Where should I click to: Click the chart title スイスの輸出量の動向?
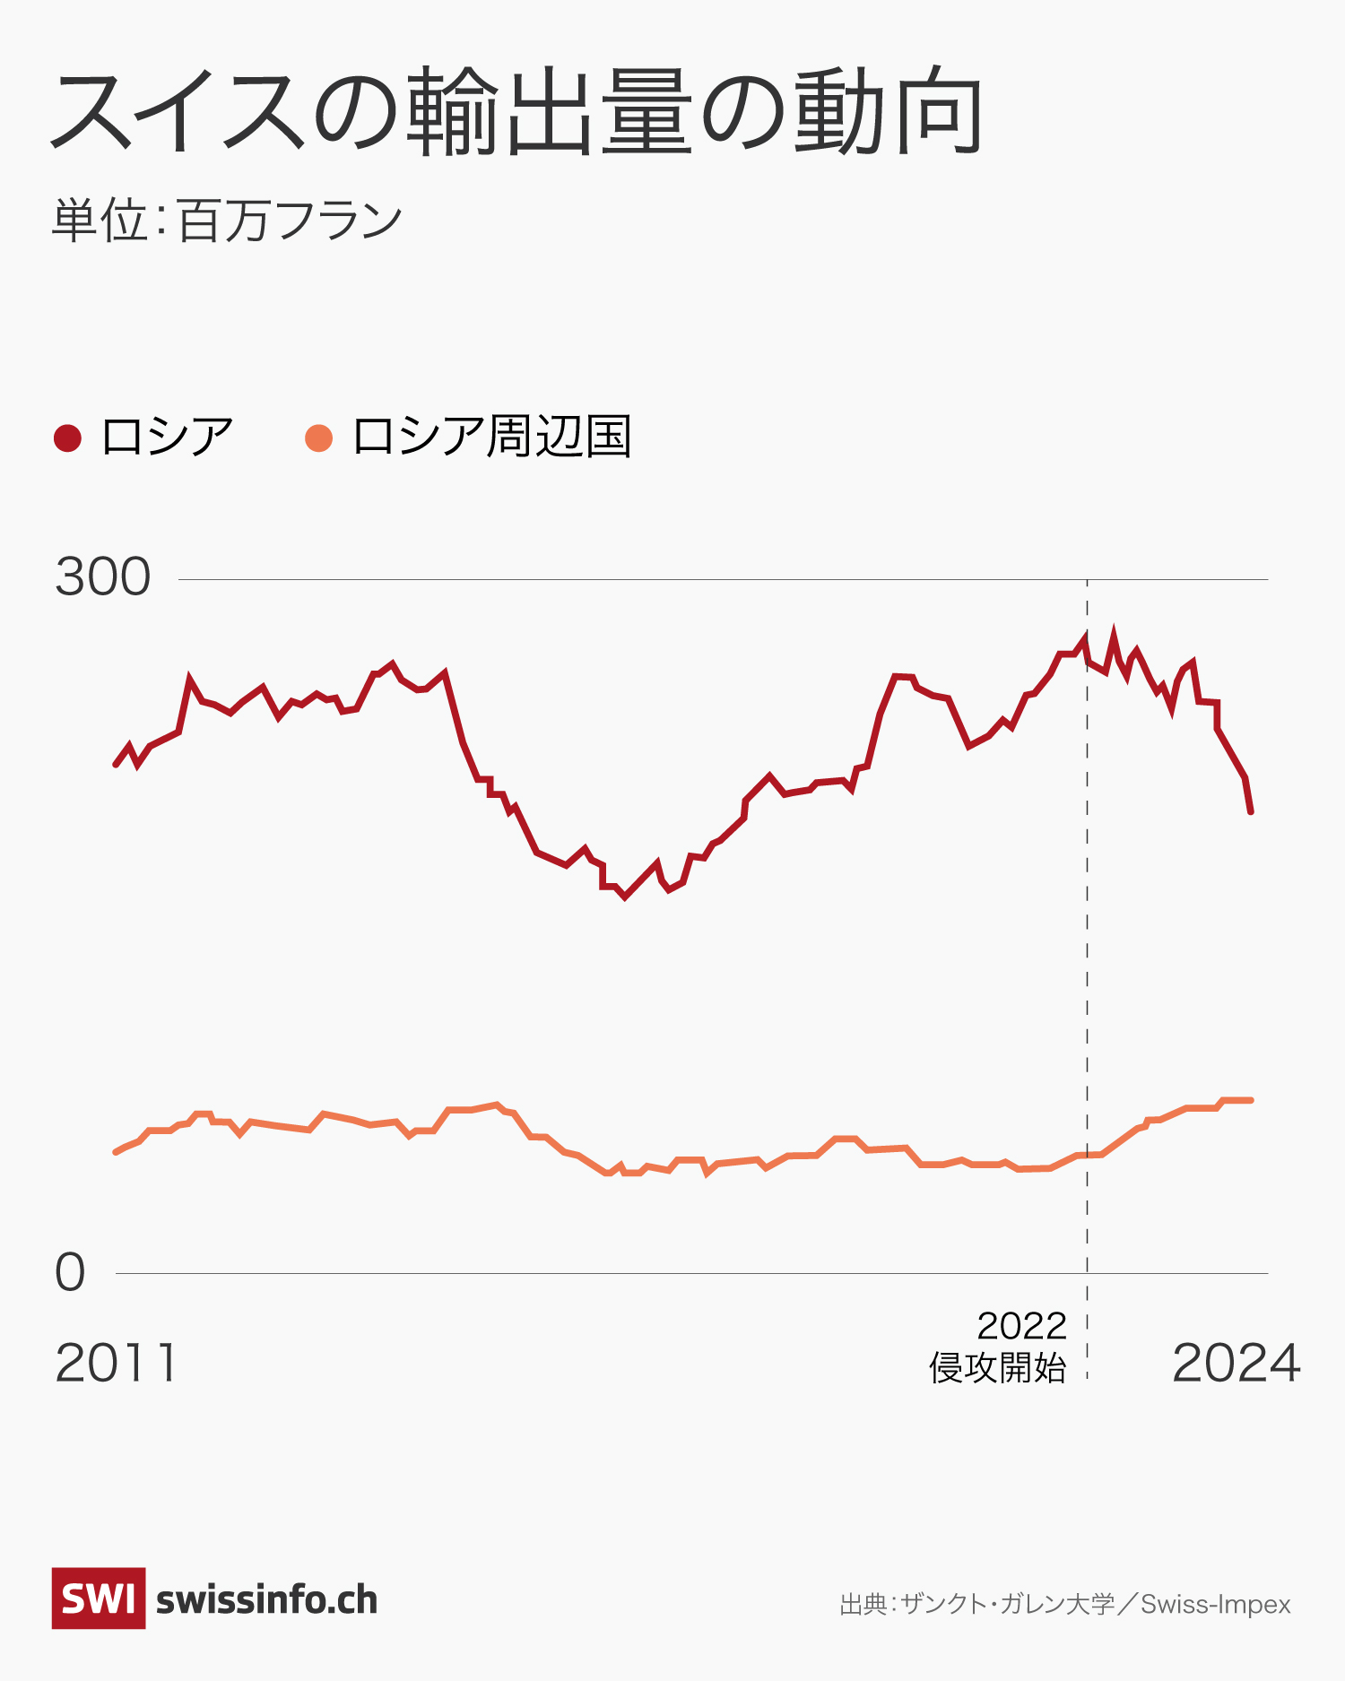[x=516, y=112]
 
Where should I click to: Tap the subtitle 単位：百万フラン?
[x=227, y=221]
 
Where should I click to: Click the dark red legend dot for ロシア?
[x=68, y=438]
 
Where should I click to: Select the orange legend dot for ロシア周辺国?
[x=319, y=438]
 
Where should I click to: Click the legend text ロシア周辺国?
[x=491, y=438]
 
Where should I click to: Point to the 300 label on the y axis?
[x=103, y=576]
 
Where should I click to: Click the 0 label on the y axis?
[x=70, y=1272]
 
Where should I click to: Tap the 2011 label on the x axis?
[x=117, y=1364]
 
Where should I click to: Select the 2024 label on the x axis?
[x=1236, y=1364]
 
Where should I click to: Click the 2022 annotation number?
[x=1021, y=1326]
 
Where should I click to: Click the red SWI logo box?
[x=99, y=1599]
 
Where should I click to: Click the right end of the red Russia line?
[x=1251, y=811]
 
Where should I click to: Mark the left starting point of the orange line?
[x=116, y=1152]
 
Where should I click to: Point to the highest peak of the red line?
[x=1114, y=633]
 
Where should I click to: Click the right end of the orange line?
[x=1251, y=1100]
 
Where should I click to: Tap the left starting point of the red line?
[x=116, y=765]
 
